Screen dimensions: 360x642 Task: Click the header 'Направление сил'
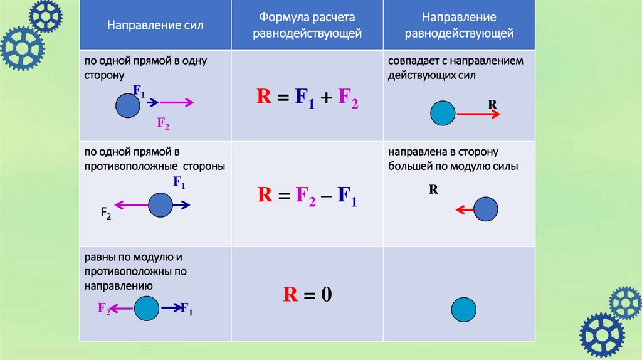155,26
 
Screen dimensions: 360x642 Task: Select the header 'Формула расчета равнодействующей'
307,26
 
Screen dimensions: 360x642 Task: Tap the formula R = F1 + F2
307,98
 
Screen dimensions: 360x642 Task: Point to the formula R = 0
307,294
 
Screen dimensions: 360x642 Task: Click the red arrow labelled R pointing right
478,115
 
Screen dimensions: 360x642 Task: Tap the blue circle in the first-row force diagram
128,106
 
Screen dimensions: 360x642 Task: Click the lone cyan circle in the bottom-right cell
465,310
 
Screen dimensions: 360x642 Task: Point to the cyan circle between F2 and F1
147,308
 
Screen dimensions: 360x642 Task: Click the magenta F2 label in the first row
163,124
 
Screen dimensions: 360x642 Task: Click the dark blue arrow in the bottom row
171,308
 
